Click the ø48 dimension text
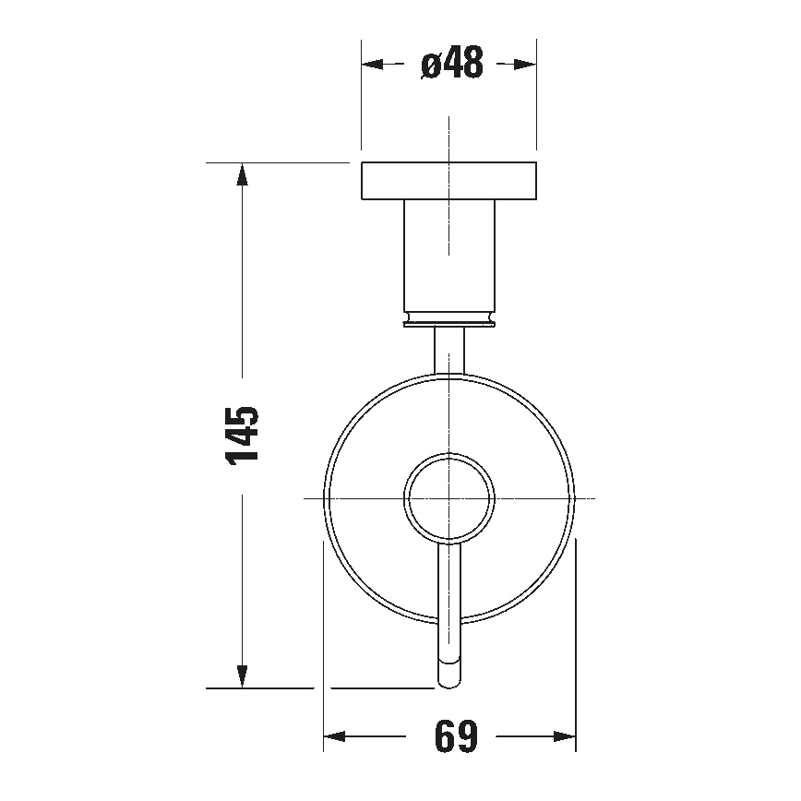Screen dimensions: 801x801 [x=451, y=65]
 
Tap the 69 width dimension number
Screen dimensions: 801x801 [x=452, y=736]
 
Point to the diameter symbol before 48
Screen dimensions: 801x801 [x=430, y=66]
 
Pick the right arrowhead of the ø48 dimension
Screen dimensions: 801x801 [x=525, y=65]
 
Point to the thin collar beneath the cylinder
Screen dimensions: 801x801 [x=448, y=319]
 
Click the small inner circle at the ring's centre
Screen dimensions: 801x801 [x=448, y=498]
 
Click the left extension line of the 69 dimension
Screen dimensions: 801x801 [x=323, y=646]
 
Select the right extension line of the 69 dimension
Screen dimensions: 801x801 [x=576, y=646]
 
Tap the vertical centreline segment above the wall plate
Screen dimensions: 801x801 [x=448, y=138]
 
